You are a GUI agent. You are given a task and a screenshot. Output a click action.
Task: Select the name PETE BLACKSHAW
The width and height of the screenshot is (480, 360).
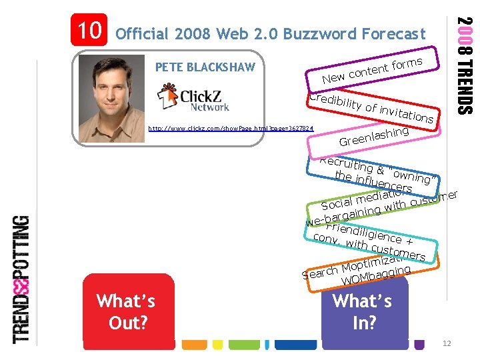tap(209, 67)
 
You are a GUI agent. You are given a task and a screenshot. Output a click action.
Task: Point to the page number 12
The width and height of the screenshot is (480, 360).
tap(446, 343)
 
